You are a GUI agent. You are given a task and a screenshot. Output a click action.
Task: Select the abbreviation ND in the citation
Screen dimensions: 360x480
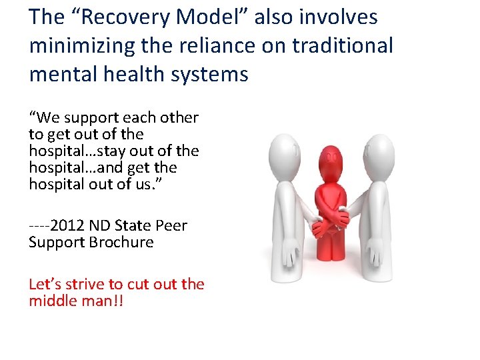pyautogui.click(x=98, y=226)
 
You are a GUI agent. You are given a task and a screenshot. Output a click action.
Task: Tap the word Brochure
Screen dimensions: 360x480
pyautogui.click(x=121, y=243)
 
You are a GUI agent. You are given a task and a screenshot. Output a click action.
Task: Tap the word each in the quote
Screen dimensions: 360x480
pyautogui.click(x=137, y=118)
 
